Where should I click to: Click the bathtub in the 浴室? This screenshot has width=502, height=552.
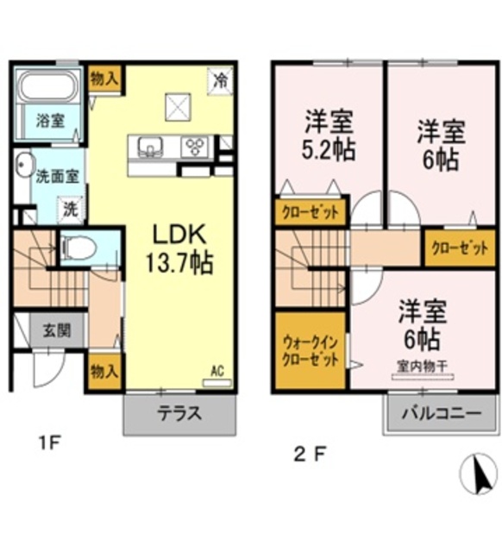48,88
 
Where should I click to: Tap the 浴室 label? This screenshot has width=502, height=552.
48,122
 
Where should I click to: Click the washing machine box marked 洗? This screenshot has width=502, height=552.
71,208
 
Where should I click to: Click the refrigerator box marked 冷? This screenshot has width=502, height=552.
222,82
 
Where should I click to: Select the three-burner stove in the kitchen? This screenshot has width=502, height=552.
194,147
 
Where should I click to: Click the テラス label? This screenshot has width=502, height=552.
179,413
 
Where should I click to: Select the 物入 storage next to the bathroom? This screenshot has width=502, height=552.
104,79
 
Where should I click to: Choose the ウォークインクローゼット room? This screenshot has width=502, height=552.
311,352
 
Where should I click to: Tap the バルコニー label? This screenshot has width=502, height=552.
440,413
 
